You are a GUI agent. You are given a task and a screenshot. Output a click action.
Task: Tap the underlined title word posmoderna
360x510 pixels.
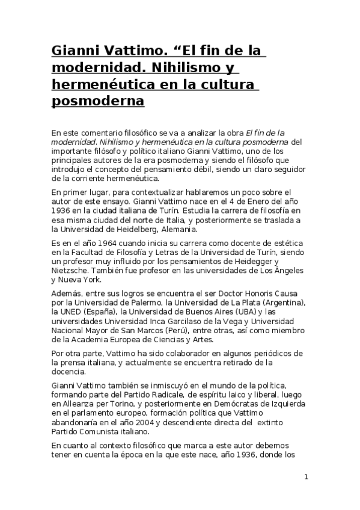[98, 100]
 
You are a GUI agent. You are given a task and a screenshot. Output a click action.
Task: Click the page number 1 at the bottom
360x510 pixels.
[307, 477]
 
